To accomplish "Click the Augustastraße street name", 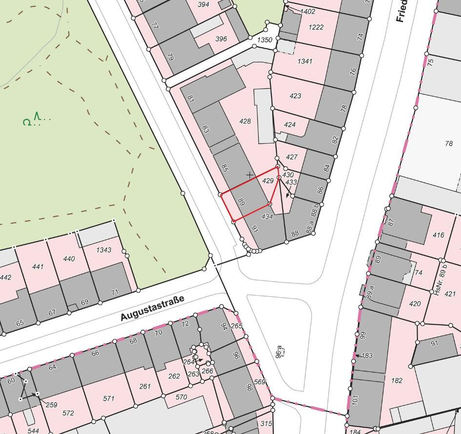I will click(x=153, y=309).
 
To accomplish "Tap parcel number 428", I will click(x=245, y=121).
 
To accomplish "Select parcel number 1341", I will click(x=304, y=61).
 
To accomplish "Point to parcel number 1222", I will click(x=316, y=27).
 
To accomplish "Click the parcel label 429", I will click(x=268, y=181).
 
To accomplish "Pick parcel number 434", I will click(x=267, y=216).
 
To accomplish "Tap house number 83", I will click(x=205, y=129).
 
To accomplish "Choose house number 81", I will click(x=191, y=99).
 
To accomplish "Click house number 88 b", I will click(x=315, y=208).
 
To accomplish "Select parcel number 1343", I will click(x=103, y=250).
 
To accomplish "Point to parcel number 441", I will click(x=38, y=267).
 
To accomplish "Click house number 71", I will click(x=115, y=292).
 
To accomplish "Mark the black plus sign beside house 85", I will click(x=250, y=175).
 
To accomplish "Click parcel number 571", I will click(x=109, y=398).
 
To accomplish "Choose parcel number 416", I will click(x=438, y=235).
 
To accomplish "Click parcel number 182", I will click(x=397, y=380).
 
